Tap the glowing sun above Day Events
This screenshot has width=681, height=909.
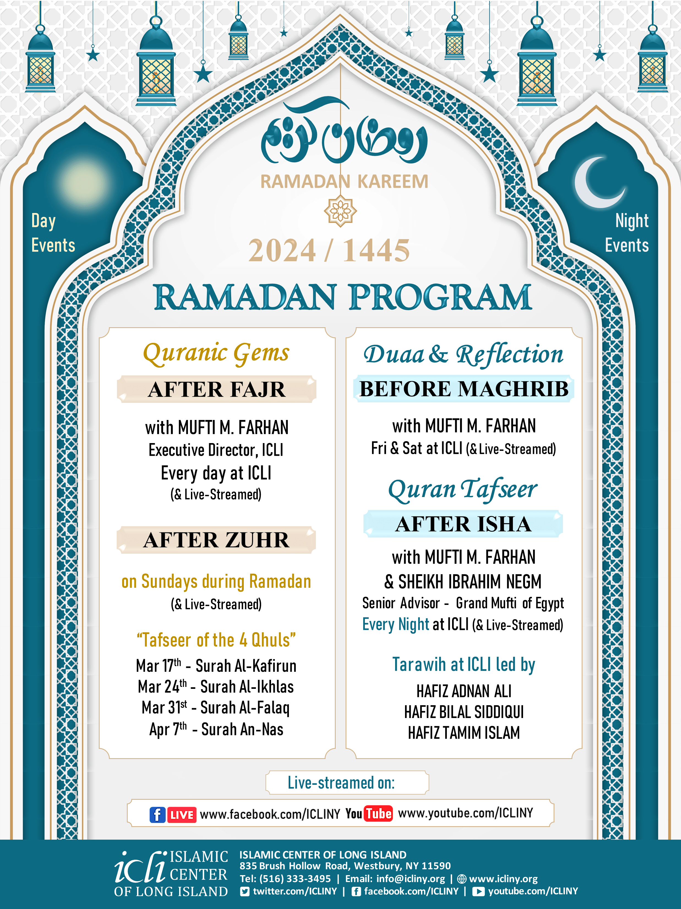coord(84,183)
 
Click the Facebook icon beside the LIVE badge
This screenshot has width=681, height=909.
coord(157,815)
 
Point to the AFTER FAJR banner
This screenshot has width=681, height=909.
coord(217,389)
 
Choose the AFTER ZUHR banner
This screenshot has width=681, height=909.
coord(216,540)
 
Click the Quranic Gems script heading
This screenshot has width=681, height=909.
coord(216,353)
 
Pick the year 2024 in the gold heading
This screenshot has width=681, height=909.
coord(282,251)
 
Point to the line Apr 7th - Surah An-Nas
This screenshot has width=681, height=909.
coord(216,729)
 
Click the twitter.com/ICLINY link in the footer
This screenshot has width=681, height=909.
coord(295,891)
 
